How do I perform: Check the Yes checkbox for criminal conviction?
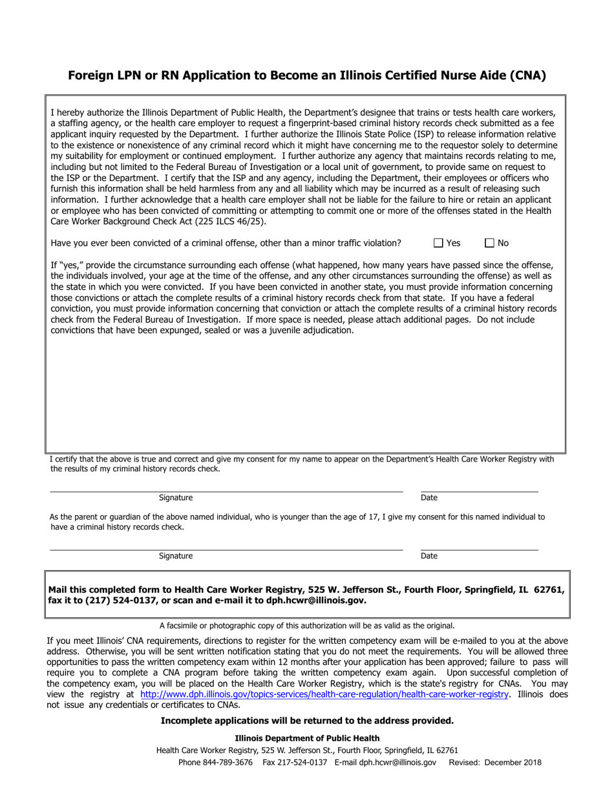tap(438, 243)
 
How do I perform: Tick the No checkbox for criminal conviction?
tap(489, 243)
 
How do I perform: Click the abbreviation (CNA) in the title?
tap(523, 76)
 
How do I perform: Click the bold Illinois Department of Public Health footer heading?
tap(307, 738)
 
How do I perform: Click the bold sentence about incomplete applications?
tap(307, 721)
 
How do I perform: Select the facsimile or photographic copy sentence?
tap(307, 626)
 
